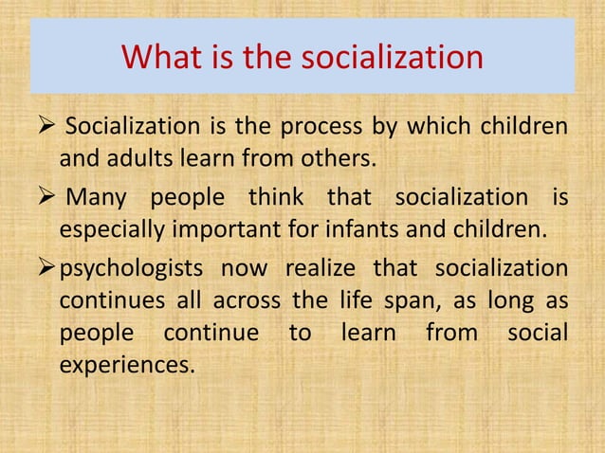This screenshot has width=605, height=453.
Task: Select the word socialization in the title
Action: pos(392,59)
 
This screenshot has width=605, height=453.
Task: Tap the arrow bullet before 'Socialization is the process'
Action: pos(45,125)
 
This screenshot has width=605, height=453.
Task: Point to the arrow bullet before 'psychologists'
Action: pos(45,270)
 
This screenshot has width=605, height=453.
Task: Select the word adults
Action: pos(134,155)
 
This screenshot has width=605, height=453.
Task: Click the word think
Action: pos(276,198)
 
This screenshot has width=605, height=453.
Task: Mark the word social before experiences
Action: pos(538,334)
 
